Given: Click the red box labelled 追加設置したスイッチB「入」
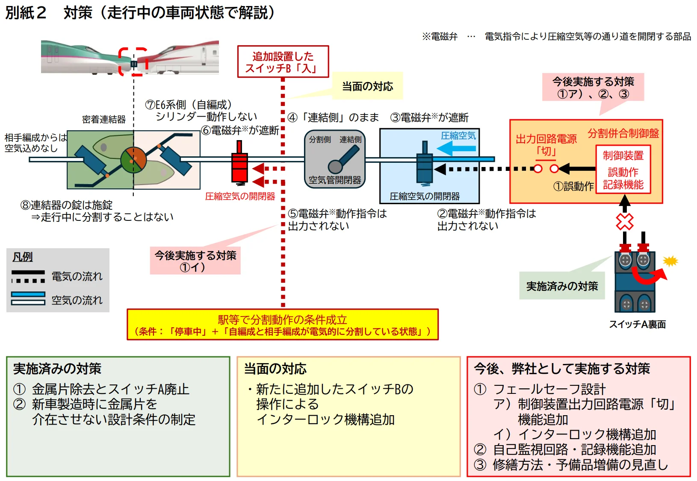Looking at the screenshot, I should point(283,62).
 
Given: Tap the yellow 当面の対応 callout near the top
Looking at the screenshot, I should point(367,87).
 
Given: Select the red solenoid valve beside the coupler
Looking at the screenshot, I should point(239,167).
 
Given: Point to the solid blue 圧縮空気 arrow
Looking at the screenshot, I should point(456,149).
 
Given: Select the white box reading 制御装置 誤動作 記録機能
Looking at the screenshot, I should point(623,170).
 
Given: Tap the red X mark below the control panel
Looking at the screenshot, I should point(625,221).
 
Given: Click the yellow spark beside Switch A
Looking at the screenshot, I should point(670,261).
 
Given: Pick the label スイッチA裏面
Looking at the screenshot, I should point(637,325).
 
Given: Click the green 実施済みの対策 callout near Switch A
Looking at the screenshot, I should point(562,286).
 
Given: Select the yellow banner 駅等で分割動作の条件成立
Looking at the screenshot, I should point(283,325).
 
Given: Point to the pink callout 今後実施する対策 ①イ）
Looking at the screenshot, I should point(195,261).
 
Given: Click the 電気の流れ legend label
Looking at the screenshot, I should point(77,276).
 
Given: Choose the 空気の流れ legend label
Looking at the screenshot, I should point(77,300).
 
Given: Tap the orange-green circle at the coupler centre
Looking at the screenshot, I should point(133,160).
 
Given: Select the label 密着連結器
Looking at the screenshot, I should point(104,120).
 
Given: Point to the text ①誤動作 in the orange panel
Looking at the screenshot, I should point(573,186).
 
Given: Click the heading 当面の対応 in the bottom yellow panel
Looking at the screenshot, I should point(275,369).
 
